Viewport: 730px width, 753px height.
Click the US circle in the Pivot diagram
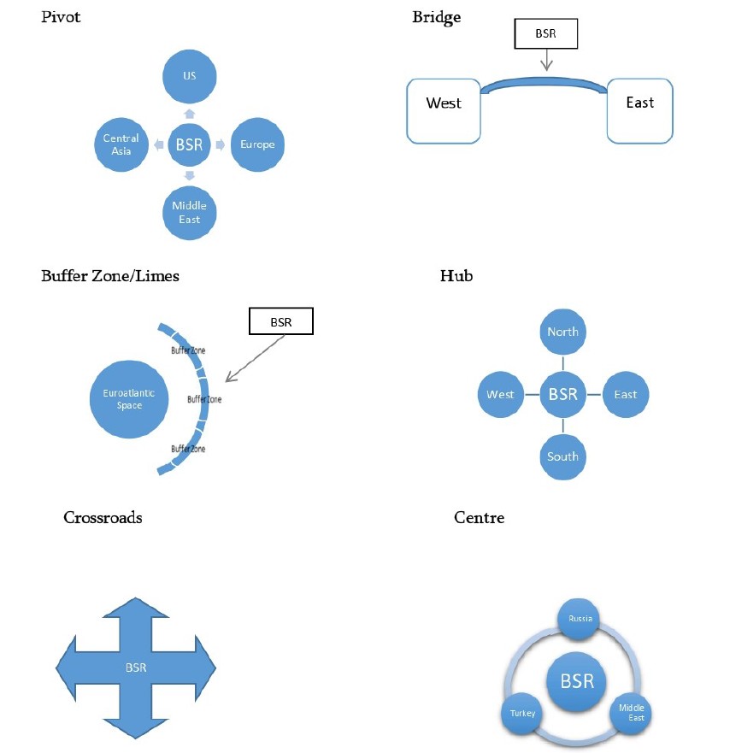click(189, 76)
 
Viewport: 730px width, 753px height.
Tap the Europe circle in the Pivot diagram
click(257, 144)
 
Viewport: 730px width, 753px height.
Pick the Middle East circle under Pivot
click(189, 213)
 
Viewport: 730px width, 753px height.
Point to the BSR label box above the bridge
click(545, 34)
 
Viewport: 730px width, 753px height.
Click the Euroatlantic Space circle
click(129, 398)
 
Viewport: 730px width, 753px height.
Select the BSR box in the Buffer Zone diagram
click(280, 322)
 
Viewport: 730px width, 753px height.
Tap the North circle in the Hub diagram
click(562, 332)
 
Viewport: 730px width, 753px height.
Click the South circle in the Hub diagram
click(562, 456)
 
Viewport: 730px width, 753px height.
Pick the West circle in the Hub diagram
click(500, 394)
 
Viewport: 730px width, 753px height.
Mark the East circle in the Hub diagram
click(626, 394)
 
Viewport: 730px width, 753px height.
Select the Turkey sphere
click(519, 713)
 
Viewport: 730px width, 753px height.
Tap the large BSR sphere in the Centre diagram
click(575, 681)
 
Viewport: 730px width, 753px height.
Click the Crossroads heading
click(103, 517)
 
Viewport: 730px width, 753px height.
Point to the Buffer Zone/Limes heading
click(110, 275)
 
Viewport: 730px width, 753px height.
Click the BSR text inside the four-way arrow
click(136, 668)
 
